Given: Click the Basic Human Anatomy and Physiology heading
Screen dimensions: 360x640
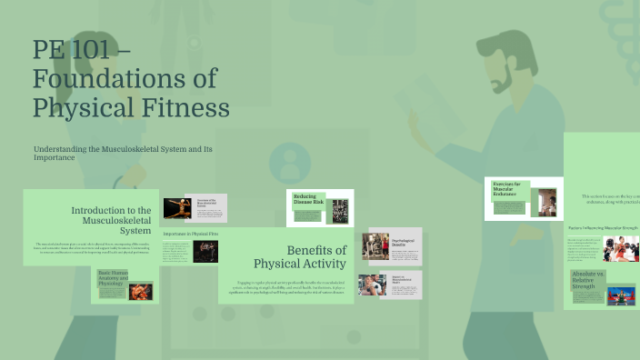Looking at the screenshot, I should tap(114, 277).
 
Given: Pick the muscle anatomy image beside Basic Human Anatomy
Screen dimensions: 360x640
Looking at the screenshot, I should tap(140, 292).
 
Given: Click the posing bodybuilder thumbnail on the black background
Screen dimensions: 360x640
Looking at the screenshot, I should tap(175, 208).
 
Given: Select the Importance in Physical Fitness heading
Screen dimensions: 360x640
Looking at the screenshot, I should tap(191, 234).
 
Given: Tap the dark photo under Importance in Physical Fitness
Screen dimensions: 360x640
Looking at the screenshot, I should tap(205, 252).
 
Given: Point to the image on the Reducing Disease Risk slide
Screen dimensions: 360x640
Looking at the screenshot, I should tap(339, 210).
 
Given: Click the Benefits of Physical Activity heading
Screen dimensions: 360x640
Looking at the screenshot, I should tap(300, 257).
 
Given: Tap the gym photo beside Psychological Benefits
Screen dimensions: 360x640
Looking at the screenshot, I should tap(375, 245).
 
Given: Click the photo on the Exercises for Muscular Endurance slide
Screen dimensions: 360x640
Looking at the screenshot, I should tap(547, 202).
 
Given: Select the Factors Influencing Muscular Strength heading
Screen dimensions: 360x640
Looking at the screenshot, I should tap(604, 227).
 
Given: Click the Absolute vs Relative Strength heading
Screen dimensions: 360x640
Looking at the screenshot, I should tap(587, 278).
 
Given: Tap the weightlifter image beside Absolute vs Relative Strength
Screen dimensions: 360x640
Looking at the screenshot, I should tap(623, 295).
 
